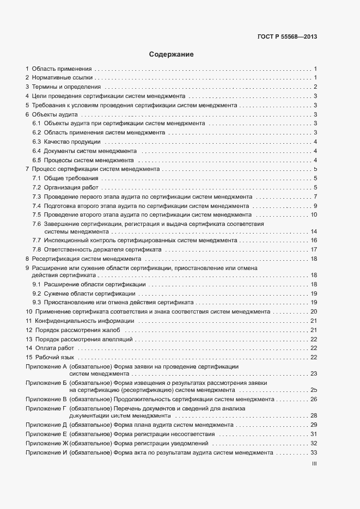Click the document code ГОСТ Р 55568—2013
pyautogui.click(x=287, y=37)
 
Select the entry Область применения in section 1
pyautogui.click(x=62, y=69)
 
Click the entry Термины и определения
pyautogui.click(x=66, y=87)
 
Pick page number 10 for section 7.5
pyautogui.click(x=314, y=214)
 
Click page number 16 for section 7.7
pyautogui.click(x=314, y=240)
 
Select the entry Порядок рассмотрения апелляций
pyautogui.click(x=80, y=339)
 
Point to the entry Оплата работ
pyautogui.click(x=54, y=348)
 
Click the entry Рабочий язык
pyautogui.click(x=55, y=357)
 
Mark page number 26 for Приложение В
pyautogui.click(x=314, y=399)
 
